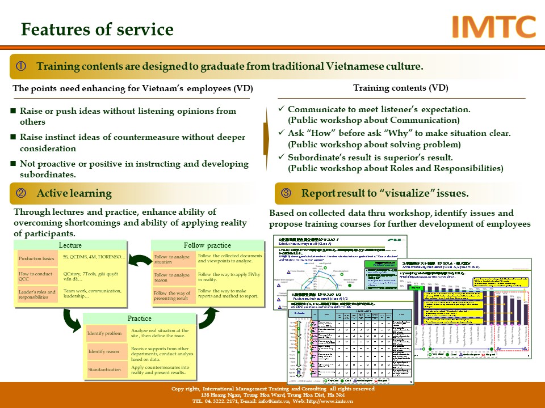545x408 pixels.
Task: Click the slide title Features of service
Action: [x=97, y=29]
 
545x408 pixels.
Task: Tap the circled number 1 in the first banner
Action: [x=21, y=66]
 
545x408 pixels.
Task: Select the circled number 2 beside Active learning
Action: [x=21, y=193]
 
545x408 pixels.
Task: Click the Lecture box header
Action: [x=70, y=245]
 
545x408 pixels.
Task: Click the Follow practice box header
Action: [x=207, y=245]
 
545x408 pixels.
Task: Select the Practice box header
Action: [x=139, y=318]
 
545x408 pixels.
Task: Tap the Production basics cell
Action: [x=37, y=258]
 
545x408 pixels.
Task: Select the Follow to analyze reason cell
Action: [x=172, y=278]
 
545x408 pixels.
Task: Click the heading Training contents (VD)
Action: [x=400, y=88]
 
